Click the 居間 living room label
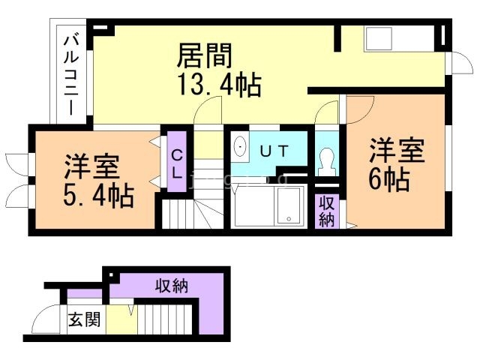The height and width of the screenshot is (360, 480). (204, 56)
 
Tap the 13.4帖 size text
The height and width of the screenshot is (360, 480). (219, 85)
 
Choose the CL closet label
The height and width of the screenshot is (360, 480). (177, 164)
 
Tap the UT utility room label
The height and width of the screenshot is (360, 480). (274, 151)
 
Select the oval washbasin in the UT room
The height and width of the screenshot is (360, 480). (240, 147)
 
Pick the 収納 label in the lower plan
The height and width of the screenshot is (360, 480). (172, 286)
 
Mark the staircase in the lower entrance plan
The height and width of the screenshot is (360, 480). (165, 319)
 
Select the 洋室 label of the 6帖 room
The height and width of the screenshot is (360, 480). (397, 151)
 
